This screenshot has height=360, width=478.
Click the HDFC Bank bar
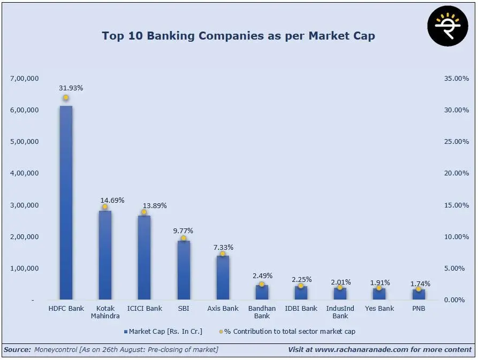point(66,203)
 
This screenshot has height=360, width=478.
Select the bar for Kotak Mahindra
point(105,255)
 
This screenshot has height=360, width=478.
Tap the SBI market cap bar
point(184,270)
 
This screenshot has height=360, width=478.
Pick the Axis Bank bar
point(223,278)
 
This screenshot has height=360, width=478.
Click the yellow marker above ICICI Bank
point(144,212)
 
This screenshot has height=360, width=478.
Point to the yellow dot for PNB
point(419,289)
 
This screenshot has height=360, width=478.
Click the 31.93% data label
point(71,88)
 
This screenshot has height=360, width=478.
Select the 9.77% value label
point(183,231)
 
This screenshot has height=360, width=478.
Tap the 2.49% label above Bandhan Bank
point(262,276)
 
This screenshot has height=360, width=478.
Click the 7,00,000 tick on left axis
point(25,79)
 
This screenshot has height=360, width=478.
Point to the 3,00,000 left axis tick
point(25,205)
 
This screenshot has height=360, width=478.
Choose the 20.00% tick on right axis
point(456,173)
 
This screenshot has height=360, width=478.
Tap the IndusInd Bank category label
point(340,312)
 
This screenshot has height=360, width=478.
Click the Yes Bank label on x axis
point(379,309)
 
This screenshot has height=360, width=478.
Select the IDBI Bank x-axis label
point(301,309)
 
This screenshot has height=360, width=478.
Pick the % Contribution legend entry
point(289,332)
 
